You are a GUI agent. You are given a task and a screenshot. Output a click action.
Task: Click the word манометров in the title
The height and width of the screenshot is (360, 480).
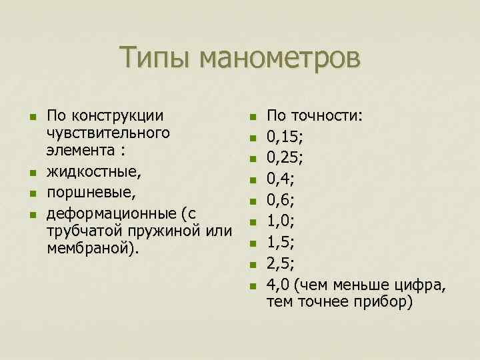pos(279,57)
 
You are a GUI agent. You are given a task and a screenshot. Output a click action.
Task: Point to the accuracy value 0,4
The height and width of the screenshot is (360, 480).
pos(280,179)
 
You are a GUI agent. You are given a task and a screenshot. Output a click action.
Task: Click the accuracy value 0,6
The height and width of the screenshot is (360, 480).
pos(280,199)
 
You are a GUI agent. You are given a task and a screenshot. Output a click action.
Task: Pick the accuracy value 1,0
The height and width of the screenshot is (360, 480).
pos(280,220)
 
